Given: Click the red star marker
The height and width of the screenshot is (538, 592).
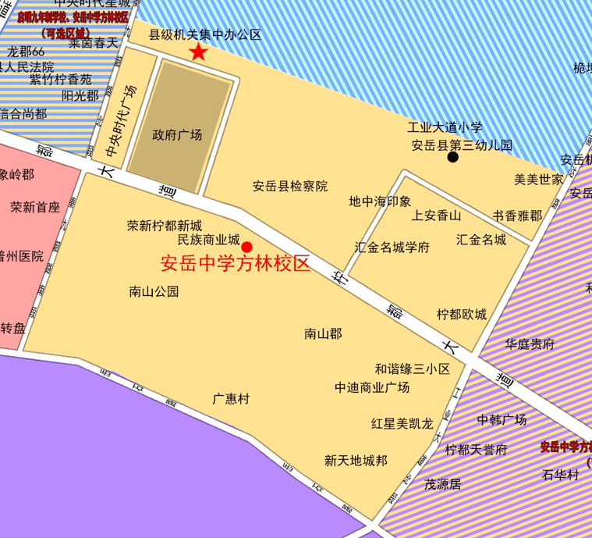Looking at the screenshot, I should [198, 52].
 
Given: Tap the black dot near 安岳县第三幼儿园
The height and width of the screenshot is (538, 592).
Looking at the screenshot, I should [452, 158].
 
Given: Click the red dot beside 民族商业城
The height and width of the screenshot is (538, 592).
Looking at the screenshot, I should [246, 247].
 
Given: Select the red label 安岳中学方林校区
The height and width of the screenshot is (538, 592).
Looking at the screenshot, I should [235, 264].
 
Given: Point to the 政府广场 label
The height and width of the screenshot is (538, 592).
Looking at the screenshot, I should [177, 135].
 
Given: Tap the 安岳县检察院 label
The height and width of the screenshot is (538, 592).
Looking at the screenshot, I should [290, 186].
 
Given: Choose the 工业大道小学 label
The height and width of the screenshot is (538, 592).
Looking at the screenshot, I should [445, 127].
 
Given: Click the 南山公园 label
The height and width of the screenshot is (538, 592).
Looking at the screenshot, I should [154, 292].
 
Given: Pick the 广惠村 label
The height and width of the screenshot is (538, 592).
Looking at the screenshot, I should [231, 398].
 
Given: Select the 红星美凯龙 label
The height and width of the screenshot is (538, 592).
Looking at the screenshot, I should [402, 423].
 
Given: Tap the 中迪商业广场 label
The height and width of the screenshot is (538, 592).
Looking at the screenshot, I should [372, 387].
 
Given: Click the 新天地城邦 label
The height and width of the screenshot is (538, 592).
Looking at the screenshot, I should [356, 460].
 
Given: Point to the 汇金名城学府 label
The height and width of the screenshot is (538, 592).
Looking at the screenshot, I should [392, 248].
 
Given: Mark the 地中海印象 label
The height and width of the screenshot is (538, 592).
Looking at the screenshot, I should [380, 201].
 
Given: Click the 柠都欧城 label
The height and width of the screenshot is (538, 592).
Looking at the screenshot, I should [461, 314].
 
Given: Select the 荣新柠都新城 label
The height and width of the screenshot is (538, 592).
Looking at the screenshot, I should [165, 226].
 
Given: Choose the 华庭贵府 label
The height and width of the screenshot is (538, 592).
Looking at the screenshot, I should [529, 344].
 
